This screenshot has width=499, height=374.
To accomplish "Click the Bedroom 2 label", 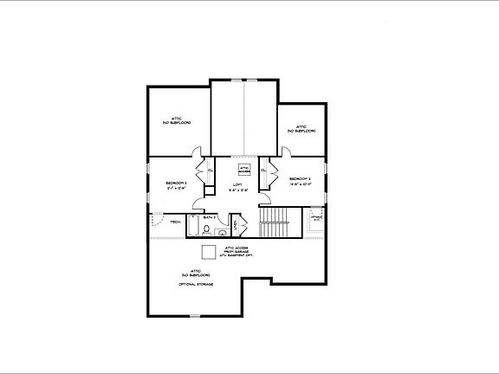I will [177, 183].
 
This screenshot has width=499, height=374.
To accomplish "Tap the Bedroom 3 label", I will [300, 179].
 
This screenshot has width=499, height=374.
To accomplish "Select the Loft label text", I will [237, 184].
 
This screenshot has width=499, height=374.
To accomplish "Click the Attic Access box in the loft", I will [244, 171].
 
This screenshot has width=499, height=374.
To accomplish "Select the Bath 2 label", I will [209, 218].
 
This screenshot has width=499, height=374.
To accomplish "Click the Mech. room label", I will [175, 222].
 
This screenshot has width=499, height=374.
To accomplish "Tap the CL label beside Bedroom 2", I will [210, 170].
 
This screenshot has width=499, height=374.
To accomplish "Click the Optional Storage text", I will [196, 284].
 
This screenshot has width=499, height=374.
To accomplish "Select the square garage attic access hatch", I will [208, 252].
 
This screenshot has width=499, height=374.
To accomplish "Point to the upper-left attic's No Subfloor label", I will [176, 123].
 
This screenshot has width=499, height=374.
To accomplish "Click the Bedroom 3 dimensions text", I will [300, 184].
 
